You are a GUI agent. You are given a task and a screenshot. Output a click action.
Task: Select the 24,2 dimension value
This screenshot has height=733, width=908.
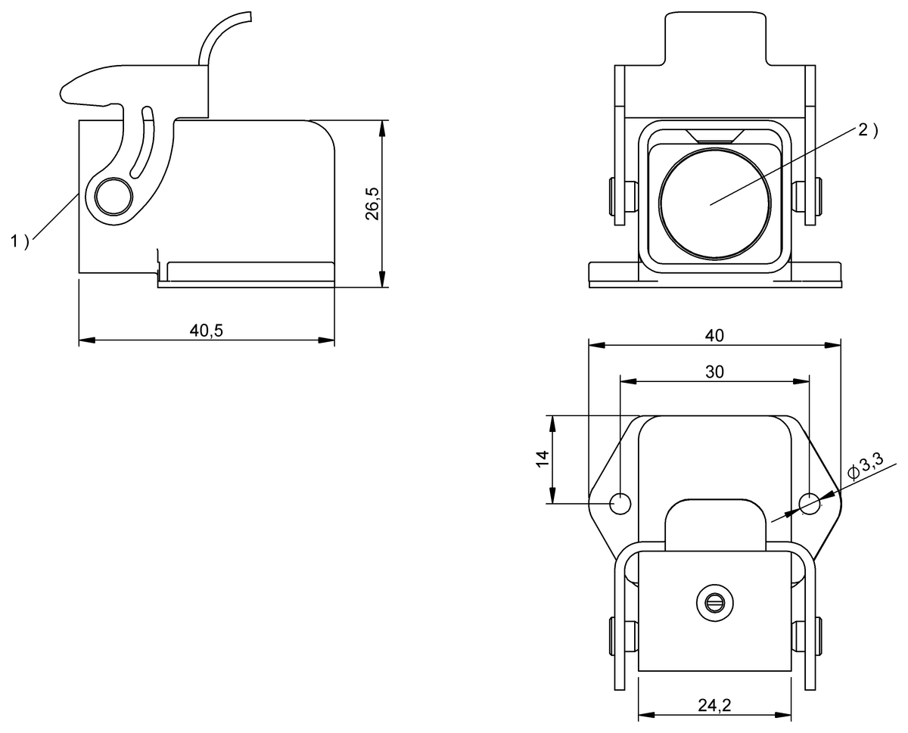point(714,705)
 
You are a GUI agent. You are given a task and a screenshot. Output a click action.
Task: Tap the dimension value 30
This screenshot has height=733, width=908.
point(714,371)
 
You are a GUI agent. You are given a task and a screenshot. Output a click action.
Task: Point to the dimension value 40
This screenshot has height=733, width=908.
point(714,334)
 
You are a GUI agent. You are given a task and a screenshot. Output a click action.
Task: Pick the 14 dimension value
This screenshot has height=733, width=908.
point(543,459)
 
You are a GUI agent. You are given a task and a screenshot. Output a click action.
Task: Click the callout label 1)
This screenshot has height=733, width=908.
point(20,241)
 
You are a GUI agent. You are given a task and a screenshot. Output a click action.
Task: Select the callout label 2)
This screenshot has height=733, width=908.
point(868,130)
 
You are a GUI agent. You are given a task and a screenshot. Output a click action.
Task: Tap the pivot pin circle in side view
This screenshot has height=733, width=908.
point(115,196)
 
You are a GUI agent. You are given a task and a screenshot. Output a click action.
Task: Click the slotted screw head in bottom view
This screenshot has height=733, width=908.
point(715,603)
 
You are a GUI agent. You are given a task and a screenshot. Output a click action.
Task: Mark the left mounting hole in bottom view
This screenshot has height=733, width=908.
point(620,503)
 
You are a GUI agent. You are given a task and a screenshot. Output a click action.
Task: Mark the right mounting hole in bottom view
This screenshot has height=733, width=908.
point(810,503)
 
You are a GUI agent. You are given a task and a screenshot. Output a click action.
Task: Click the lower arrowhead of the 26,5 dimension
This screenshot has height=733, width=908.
point(383,281)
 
